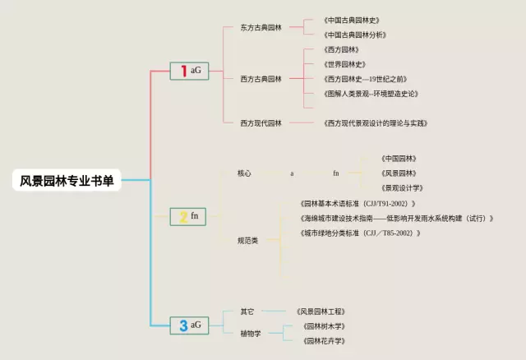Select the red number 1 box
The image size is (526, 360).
pos(188,71)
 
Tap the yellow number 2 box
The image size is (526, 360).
pos(188,216)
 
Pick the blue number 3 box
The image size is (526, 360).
pos(188,325)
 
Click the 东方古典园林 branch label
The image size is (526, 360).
pos(261,27)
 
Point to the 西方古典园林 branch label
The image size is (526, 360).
pos(261,79)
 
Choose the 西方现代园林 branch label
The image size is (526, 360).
pos(261,123)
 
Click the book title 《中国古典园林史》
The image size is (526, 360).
pos(351,20)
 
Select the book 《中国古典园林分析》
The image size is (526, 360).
pos(354,35)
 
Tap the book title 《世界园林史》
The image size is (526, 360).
pos(344,64)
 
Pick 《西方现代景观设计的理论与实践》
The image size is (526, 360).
pos(376,123)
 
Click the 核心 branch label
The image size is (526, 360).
pos(244,173)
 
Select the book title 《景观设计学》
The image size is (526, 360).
pos(401,188)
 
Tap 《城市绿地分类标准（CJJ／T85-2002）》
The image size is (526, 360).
pos(361,233)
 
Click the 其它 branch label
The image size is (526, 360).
pos(247,312)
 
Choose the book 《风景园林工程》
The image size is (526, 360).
pos(321,312)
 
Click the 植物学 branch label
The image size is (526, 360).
pos(251,334)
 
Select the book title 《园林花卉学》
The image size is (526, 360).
pos(324,340)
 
